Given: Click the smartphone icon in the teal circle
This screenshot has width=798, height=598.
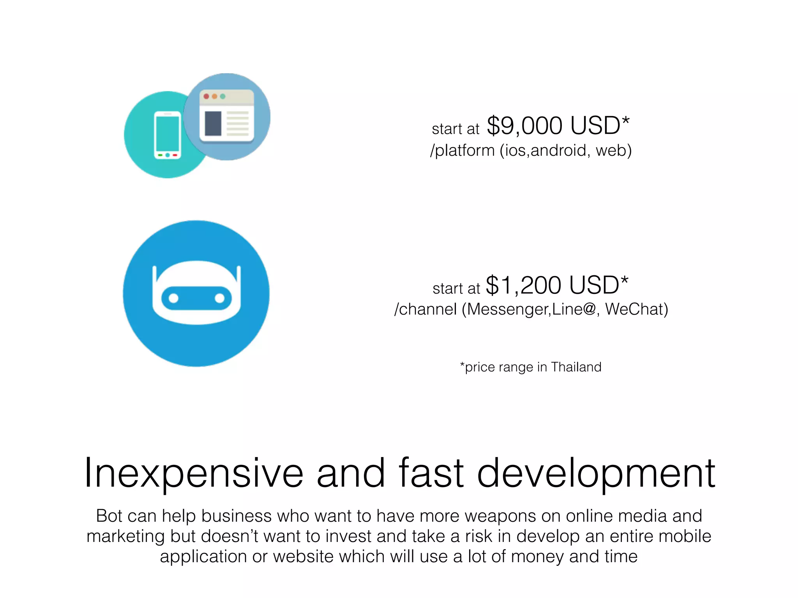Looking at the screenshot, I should [168, 135].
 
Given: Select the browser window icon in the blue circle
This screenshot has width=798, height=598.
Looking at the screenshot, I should [226, 116].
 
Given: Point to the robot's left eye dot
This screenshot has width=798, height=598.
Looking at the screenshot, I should [173, 298].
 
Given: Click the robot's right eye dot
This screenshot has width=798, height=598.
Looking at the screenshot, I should [220, 298].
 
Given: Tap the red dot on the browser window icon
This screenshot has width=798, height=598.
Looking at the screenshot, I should [206, 96].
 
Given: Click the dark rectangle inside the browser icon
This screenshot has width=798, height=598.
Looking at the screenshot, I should [213, 123].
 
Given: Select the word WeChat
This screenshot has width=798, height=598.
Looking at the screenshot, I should [636, 309].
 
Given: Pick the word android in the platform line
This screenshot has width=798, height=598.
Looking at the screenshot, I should [558, 150].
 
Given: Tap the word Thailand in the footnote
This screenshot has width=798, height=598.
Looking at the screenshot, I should [576, 367].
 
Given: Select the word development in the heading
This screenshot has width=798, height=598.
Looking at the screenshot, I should [596, 473].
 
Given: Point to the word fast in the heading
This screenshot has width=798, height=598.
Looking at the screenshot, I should [431, 473].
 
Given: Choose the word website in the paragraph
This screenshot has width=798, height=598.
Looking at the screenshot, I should [303, 556].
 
